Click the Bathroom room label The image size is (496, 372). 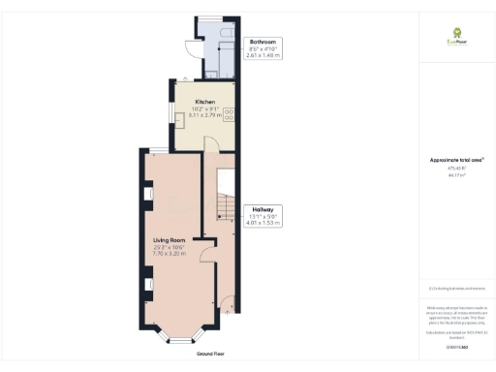click(x=263, y=43)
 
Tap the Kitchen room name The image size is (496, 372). click(x=204, y=102)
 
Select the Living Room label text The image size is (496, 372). click(x=170, y=239)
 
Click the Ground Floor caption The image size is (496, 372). click(x=216, y=354)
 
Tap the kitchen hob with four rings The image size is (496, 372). click(x=230, y=114)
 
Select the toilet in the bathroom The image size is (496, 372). click(x=226, y=33)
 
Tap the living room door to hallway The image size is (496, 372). click(x=207, y=255)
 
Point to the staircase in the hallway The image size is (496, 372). click(x=224, y=199)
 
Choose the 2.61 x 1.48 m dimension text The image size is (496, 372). click(x=264, y=56)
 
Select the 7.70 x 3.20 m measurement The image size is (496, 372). click(x=170, y=253)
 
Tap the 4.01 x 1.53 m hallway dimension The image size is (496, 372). click(x=263, y=223)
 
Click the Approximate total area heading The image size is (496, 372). click(x=455, y=159)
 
